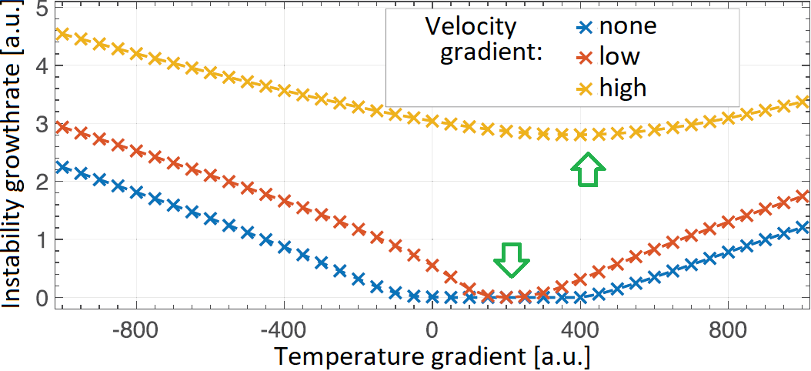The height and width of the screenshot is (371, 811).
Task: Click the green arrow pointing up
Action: coord(589,169)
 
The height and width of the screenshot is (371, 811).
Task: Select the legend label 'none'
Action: coord(628,26)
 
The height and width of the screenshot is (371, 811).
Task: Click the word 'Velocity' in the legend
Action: coord(471,27)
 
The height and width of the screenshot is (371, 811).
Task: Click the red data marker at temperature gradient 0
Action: coord(432,266)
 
